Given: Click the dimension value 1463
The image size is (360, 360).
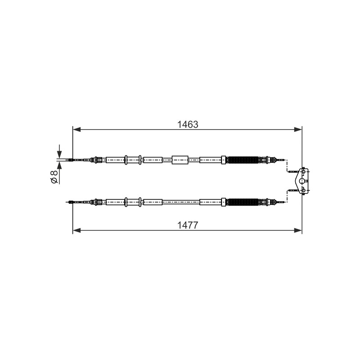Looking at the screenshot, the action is (188, 125).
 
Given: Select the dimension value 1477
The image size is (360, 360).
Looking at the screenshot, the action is (188, 225).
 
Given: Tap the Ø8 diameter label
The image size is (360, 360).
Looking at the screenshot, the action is (54, 177).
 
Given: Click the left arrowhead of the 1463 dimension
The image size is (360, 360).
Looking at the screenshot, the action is (76, 130).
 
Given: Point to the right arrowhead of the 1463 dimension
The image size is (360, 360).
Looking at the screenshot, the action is (298, 130).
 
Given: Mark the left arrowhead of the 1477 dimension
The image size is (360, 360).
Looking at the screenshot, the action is (76, 230).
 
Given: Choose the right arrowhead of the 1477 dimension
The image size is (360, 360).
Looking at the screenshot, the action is (298, 230).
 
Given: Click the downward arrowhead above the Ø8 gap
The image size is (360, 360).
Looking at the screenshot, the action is (59, 153).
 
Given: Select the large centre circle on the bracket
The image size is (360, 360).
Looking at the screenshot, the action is (302, 181).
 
